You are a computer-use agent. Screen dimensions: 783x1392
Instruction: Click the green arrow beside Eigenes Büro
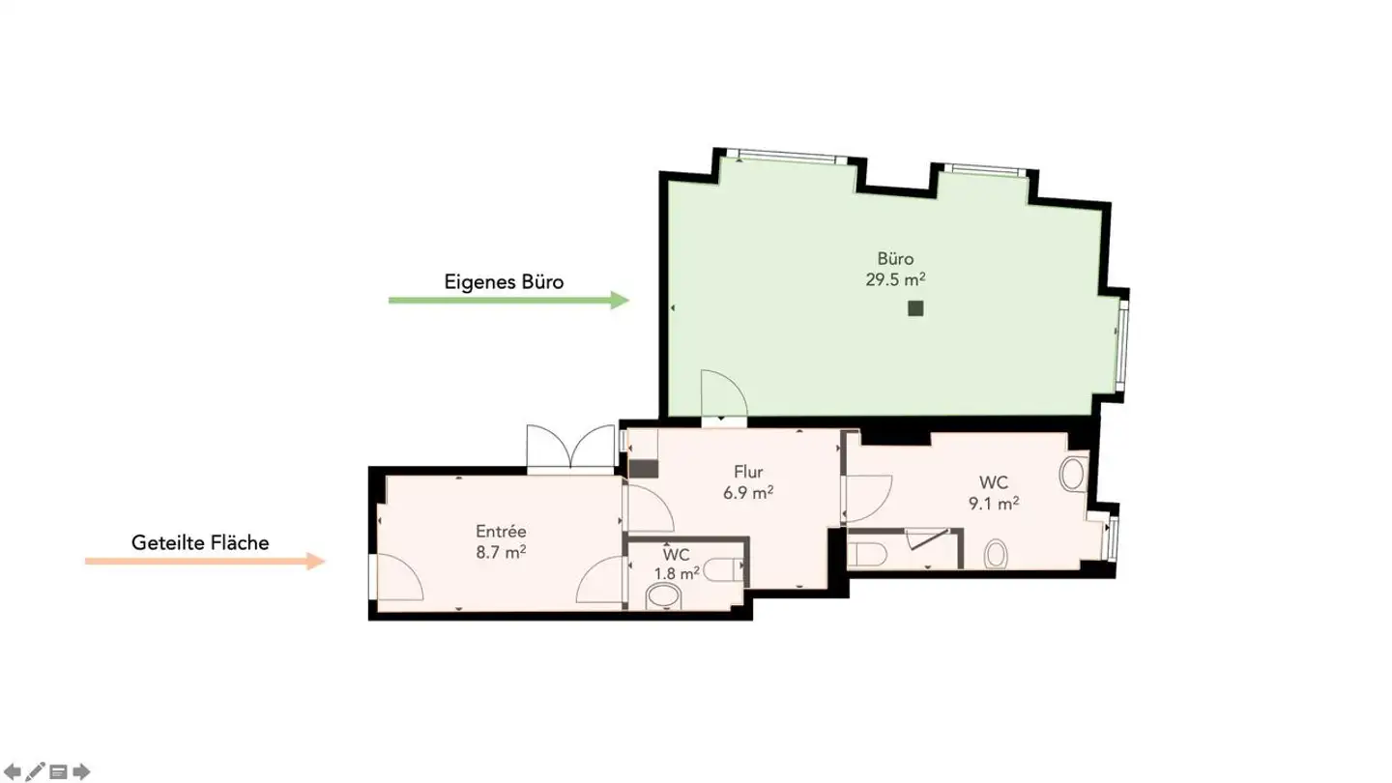508,301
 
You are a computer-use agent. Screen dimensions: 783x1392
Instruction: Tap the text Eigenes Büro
504,282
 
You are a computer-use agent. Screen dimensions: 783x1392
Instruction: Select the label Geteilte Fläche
200,543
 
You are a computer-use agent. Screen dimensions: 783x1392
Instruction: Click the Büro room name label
895,258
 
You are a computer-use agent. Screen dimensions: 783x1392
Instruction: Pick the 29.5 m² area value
895,279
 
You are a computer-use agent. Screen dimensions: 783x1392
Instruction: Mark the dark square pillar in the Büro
915,308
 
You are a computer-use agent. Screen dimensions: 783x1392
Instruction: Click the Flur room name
748,472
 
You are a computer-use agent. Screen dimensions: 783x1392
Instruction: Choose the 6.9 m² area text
748,492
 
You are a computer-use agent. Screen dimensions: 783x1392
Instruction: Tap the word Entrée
501,532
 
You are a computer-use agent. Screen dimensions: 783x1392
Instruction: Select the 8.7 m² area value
501,552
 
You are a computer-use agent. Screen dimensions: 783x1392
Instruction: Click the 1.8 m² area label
676,573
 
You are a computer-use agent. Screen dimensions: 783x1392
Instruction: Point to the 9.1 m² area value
994,503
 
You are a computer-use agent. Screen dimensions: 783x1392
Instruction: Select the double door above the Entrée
572,449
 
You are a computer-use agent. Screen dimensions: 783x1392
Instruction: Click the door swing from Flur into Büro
724,394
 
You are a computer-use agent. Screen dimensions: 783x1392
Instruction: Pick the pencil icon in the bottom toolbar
36,771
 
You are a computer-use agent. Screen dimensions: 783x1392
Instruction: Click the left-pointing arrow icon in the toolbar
14,771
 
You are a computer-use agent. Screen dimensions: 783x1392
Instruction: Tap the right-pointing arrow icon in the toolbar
82,771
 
